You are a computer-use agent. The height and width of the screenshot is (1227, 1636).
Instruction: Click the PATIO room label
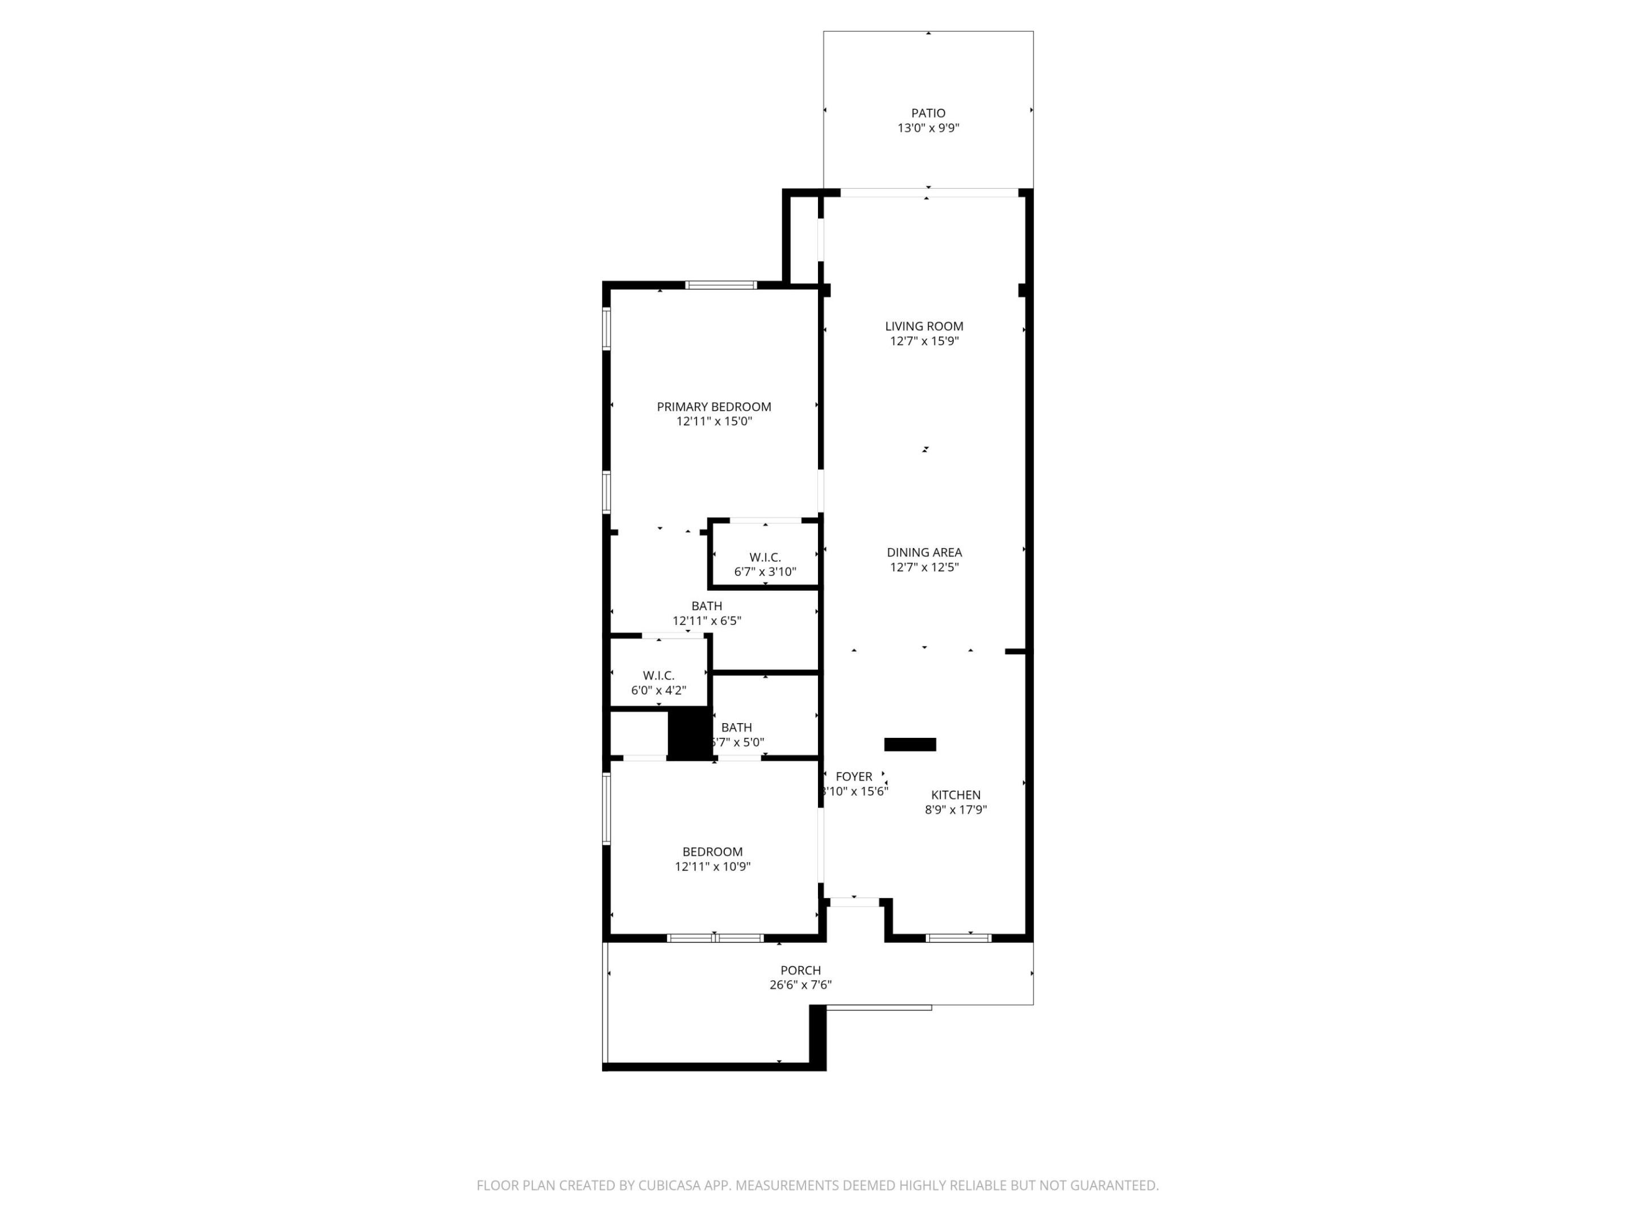pyautogui.click(x=928, y=113)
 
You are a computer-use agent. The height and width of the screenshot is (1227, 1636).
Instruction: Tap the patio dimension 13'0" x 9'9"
pyautogui.click(x=928, y=128)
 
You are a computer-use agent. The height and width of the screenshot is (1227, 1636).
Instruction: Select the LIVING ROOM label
pyautogui.click(x=924, y=326)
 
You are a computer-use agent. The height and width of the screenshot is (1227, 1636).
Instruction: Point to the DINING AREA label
pyautogui.click(x=924, y=553)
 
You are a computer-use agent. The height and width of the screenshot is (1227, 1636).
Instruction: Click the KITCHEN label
pyautogui.click(x=955, y=795)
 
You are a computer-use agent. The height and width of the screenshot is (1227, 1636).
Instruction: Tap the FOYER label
pyautogui.click(x=853, y=777)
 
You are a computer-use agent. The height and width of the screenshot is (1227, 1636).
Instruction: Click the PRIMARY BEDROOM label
pyautogui.click(x=713, y=407)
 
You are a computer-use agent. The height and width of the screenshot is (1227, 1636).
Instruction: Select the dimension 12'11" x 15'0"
pyautogui.click(x=713, y=421)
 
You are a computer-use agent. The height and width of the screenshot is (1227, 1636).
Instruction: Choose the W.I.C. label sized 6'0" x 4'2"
pyautogui.click(x=658, y=676)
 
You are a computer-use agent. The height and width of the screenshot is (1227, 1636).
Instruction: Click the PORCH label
pyautogui.click(x=800, y=970)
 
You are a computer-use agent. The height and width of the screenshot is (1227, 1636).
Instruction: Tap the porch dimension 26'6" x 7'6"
pyautogui.click(x=800, y=985)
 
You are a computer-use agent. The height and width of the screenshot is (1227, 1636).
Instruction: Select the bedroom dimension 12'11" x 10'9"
pyautogui.click(x=712, y=867)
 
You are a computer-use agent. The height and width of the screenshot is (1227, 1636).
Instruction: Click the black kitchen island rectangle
pyautogui.click(x=909, y=745)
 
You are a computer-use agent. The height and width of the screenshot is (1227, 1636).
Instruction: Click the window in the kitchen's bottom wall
pyautogui.click(x=958, y=938)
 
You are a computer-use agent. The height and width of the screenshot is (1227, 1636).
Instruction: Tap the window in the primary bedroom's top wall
pyautogui.click(x=720, y=285)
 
